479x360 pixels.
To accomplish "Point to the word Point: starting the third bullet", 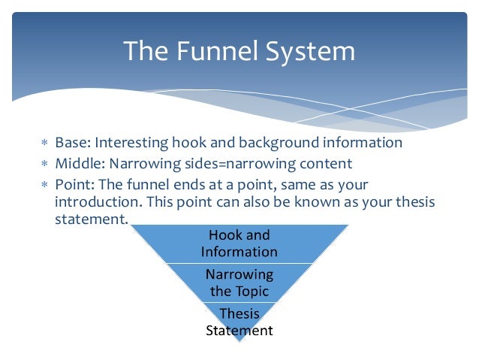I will coord(74,185).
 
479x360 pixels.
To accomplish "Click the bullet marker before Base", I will coord(44,144).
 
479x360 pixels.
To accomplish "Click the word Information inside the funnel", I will coord(239,253).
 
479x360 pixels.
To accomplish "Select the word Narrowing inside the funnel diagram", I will coord(239,274).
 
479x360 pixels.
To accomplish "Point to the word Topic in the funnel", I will coord(252,291).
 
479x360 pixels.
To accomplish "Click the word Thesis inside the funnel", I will coord(239,313).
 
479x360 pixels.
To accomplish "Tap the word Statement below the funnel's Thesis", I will coord(239,330).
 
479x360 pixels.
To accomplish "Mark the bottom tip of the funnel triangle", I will coord(239,343).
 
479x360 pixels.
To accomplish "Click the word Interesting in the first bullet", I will coord(131,143).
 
